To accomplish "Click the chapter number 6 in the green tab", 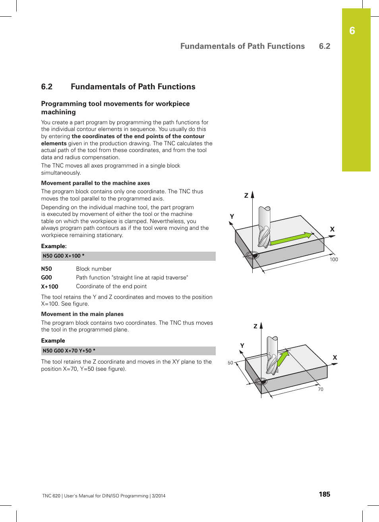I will (x=352, y=31).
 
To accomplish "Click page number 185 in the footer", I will (x=324, y=494).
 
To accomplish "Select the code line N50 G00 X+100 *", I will (x=64, y=256).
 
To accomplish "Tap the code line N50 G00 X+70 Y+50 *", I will (x=69, y=351).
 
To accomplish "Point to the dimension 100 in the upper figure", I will (x=334, y=260).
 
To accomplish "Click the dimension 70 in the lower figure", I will (x=321, y=389).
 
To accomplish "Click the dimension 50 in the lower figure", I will (x=230, y=363).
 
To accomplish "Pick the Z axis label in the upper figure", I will (x=246, y=195).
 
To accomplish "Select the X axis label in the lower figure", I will (x=335, y=358).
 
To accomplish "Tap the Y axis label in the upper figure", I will (x=232, y=216).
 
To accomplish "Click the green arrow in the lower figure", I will (x=282, y=359).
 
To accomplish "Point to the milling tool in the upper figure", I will (x=264, y=226).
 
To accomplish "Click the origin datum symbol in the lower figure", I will (x=261, y=381).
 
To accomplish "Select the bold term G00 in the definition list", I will (x=46, y=277).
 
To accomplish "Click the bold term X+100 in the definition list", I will (x=50, y=287).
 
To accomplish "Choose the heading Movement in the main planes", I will (x=82, y=314).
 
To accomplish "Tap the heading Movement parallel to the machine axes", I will (x=95, y=183).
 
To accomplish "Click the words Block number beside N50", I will (x=94, y=269).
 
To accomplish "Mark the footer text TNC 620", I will (x=51, y=496).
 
